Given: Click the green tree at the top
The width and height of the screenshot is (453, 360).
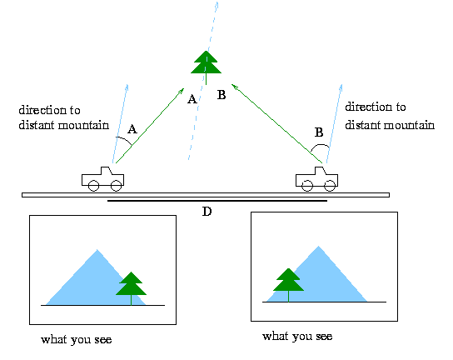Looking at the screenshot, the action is tap(206, 65).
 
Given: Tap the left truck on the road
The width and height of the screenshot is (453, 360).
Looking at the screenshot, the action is tap(103, 178).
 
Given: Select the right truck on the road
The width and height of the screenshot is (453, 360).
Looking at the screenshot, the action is tap(316, 178).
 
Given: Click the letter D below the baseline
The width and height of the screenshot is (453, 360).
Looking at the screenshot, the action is tap(207, 212).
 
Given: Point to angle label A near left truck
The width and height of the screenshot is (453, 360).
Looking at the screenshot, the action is tap(132, 129).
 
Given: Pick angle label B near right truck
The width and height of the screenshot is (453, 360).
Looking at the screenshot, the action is tap(319, 132).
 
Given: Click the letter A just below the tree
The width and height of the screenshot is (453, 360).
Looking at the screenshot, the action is tap(192, 99).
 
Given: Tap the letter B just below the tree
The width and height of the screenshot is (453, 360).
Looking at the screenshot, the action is tap(222, 95).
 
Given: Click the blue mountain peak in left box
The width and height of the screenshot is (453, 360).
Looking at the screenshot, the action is tap(97, 250).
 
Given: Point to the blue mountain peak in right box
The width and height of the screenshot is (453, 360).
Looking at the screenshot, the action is tap(319, 247).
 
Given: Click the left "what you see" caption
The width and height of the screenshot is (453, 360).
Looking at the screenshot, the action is tap(77, 339).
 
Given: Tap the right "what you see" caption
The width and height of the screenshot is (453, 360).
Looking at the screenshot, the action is tap(297, 337).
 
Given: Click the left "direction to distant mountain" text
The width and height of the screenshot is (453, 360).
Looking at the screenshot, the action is tap(64, 117).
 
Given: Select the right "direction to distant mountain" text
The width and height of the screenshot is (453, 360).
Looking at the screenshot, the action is tap(390, 116).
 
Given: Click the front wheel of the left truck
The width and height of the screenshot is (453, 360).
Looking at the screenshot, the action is tap(116, 186).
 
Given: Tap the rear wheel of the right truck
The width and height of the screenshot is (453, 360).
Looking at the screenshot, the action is tap(307, 186).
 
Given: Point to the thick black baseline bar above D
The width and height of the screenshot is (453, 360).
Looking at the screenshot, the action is tap(217, 200).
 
